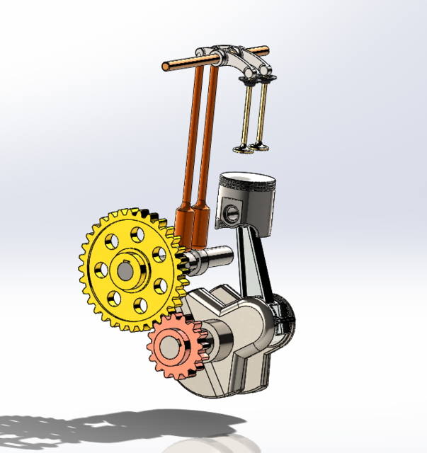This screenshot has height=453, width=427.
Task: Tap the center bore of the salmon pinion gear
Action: (x=172, y=346)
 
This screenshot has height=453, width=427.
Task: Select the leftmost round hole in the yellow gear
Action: (x=100, y=269)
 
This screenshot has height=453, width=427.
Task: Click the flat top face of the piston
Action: (x=248, y=178)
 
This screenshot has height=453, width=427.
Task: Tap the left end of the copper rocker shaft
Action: (x=167, y=67)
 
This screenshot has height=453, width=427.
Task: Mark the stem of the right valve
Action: (x=263, y=112)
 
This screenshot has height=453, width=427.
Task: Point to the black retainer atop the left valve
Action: (x=249, y=83)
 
